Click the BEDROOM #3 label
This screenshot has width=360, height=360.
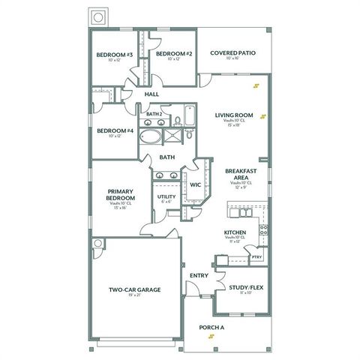pos(115,55)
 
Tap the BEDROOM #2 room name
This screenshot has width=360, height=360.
pos(175,54)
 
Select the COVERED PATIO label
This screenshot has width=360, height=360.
pos(233,53)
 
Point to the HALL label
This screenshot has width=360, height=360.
pos(152,94)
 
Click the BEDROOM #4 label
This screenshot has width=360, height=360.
pos(115,130)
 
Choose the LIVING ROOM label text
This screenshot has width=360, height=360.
pos(234,115)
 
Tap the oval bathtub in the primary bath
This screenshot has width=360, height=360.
pos(151,137)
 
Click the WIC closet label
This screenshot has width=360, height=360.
pos(195,184)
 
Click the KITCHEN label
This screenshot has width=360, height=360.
pos(235,232)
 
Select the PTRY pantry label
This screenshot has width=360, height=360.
pos(256,256)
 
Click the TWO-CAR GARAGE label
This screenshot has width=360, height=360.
pos(135,289)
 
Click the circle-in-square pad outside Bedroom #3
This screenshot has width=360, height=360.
pos(97,17)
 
